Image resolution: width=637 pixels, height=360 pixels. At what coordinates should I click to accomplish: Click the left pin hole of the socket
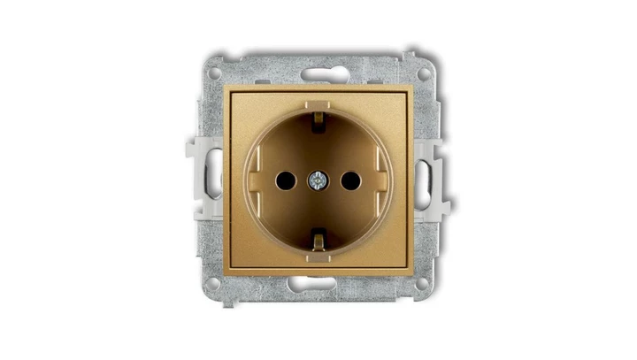pyautogui.click(x=284, y=180)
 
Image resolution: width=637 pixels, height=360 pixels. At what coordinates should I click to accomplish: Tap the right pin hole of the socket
pyautogui.click(x=351, y=180)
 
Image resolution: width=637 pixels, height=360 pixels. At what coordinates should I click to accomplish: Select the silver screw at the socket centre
pyautogui.click(x=318, y=180)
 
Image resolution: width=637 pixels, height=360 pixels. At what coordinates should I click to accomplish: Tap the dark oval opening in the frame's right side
pyautogui.click(x=426, y=180)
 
